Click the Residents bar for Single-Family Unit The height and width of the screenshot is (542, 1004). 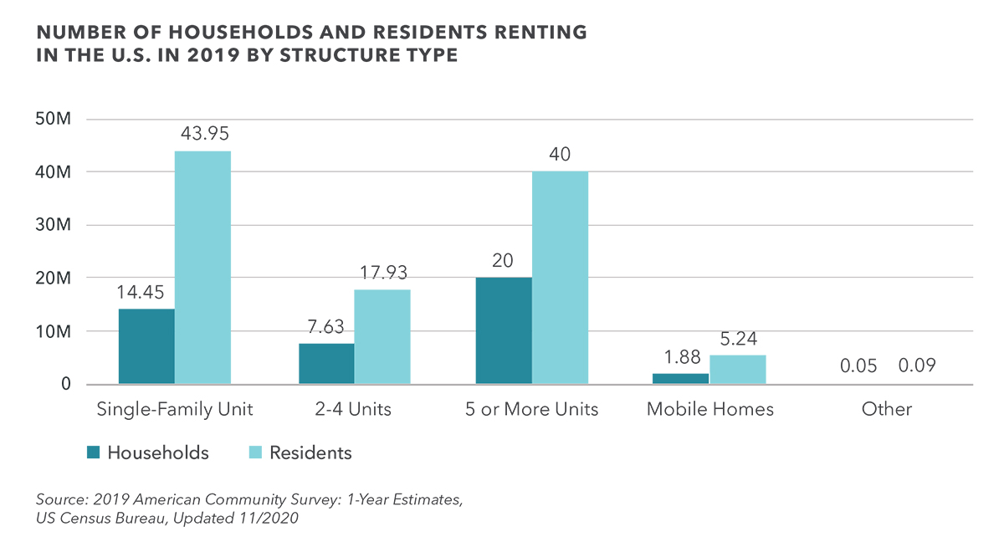tap(202, 268)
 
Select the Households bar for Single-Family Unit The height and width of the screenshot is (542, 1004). tap(146, 346)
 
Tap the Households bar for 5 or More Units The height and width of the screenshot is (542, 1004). tap(504, 330)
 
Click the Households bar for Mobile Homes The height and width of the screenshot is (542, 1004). tap(680, 379)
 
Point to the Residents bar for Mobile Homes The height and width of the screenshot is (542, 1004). tap(737, 370)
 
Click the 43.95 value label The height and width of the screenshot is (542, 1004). tap(202, 133)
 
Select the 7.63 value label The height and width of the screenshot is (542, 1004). tap(326, 325)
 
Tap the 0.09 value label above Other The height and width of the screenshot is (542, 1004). tap(918, 366)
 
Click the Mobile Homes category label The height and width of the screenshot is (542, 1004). tap(709, 409)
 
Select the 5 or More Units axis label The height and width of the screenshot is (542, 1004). tap(532, 409)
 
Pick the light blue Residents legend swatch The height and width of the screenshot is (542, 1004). tap(256, 453)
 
